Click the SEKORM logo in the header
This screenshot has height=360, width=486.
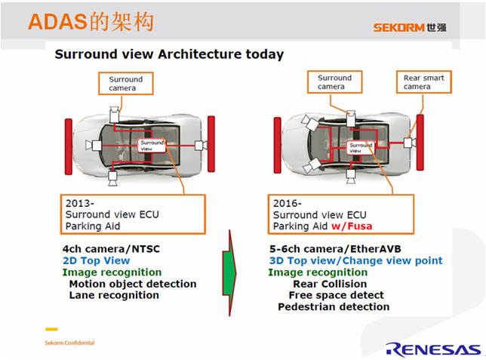tap(410, 27)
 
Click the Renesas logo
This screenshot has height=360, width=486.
tap(433, 349)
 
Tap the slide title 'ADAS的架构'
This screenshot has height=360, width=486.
tap(91, 22)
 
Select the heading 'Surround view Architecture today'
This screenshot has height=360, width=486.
tap(169, 54)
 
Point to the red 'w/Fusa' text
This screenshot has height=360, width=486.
tap(352, 226)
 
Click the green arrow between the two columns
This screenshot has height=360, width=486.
tap(229, 273)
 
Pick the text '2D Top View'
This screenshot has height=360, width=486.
tap(96, 260)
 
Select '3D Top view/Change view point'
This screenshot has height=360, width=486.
tap(356, 260)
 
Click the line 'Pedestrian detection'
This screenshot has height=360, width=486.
tap(334, 306)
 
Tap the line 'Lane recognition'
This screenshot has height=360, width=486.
tap(114, 295)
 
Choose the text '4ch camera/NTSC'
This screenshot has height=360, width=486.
tap(111, 249)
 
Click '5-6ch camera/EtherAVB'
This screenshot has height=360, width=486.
tap(335, 249)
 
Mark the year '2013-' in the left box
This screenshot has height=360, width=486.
tap(80, 204)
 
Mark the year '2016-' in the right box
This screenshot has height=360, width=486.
tap(287, 204)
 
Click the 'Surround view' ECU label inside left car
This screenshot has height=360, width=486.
tap(152, 146)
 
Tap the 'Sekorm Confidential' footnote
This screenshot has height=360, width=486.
tap(69, 343)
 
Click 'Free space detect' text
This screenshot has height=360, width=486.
tap(337, 295)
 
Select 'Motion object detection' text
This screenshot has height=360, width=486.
tap(133, 284)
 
